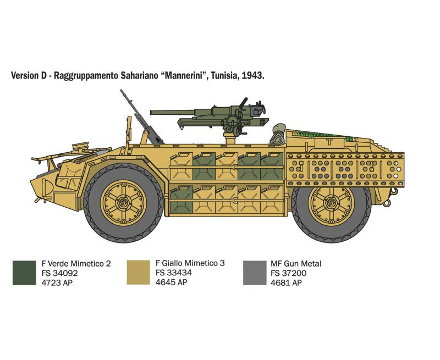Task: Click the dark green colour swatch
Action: point(24,273)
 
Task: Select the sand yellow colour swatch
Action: point(139,272)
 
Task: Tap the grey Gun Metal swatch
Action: point(255,273)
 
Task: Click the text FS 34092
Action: point(59,273)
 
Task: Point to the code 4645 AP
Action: point(171,282)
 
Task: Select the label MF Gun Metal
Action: point(296,264)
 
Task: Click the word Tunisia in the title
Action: point(224,76)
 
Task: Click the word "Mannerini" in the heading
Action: point(184,75)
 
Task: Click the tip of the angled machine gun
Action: point(121,91)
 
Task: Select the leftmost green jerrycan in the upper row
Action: point(204,167)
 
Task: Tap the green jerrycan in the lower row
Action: point(182,199)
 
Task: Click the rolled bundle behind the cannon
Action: point(278,134)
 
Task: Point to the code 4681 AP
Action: point(286,283)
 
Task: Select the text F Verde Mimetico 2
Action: point(76,264)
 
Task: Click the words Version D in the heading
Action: point(29,76)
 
